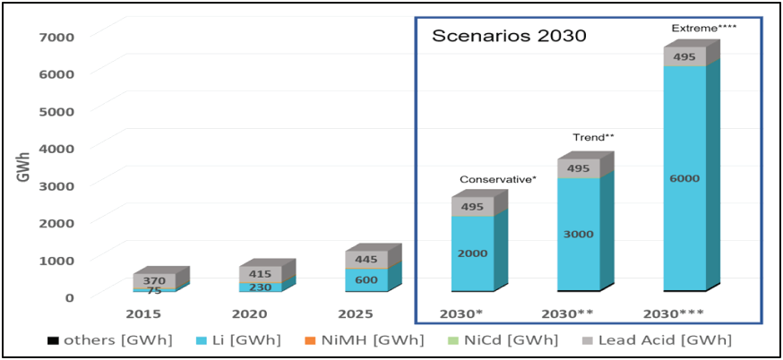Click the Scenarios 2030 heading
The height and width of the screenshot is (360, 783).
coord(509,37)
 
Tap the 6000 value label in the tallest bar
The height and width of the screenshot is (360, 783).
coord(684,178)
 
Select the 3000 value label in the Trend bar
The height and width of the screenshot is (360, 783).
coord(578,234)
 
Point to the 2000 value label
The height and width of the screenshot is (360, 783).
coord(472,253)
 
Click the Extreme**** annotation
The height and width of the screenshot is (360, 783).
coord(704,28)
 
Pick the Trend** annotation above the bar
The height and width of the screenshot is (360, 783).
coord(593,137)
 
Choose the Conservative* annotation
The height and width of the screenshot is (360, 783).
coord(498,179)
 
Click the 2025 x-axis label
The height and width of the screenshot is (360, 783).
coord(357,314)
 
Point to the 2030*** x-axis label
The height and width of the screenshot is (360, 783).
coord(673,314)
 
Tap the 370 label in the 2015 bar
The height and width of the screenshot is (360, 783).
coord(155,279)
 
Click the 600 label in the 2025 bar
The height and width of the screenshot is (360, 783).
coord(366,279)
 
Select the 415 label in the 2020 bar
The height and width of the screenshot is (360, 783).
coord(261,272)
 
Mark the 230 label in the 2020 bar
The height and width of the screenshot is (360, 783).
coord(261,287)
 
